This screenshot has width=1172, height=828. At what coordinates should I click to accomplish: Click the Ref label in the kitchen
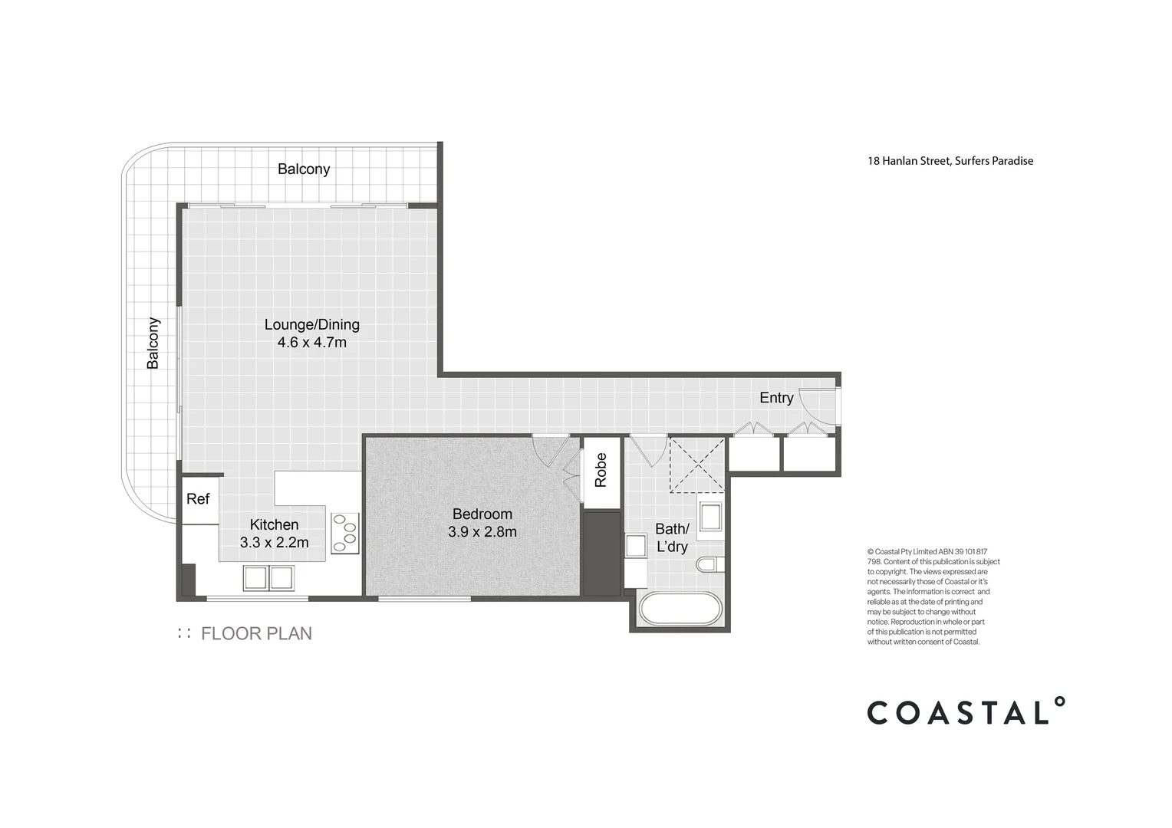[x=198, y=499]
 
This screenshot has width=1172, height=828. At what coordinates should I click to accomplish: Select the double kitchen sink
[x=268, y=577]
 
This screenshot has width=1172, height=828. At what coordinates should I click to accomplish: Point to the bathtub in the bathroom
[x=680, y=609]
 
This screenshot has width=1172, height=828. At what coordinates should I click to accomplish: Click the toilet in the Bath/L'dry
[x=709, y=565]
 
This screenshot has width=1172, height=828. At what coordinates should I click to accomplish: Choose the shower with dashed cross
[x=696, y=465]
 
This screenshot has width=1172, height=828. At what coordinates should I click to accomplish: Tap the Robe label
[x=601, y=470]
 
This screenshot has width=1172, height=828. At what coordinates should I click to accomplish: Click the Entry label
[x=776, y=398]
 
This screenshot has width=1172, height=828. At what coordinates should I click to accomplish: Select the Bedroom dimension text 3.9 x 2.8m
[x=482, y=531]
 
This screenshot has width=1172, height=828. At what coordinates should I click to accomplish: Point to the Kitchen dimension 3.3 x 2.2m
[x=274, y=543]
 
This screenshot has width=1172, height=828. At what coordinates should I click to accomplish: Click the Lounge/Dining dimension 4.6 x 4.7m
[x=312, y=343]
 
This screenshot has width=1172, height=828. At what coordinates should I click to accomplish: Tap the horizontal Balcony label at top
[x=304, y=169]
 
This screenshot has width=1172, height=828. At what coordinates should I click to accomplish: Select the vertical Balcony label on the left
[x=153, y=343]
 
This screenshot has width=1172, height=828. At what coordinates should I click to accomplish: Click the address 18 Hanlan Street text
[x=950, y=161]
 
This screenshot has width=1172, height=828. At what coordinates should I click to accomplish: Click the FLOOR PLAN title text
[x=256, y=634]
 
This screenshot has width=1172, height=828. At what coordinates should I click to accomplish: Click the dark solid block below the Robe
[x=601, y=554]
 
